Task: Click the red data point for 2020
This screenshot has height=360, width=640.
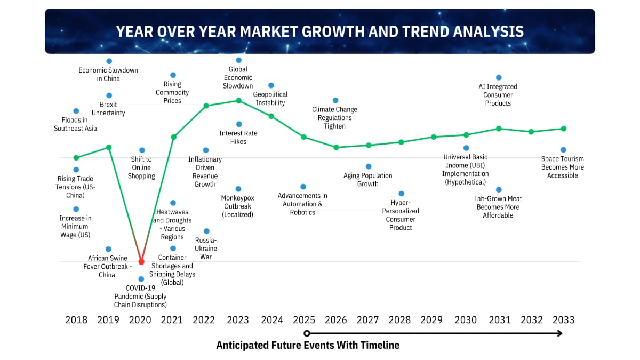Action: (x=141, y=261)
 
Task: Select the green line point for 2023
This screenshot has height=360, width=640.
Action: (x=239, y=100)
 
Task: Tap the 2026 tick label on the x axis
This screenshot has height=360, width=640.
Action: (x=336, y=320)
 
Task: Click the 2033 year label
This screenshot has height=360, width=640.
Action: (x=563, y=320)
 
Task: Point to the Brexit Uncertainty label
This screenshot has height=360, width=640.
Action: (x=108, y=109)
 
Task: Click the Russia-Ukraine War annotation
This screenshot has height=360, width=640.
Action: (x=206, y=249)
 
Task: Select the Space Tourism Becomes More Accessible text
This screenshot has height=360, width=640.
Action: (x=563, y=167)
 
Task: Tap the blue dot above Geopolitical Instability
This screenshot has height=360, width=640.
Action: (x=271, y=85)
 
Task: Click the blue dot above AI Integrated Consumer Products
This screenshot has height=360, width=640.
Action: (x=499, y=77)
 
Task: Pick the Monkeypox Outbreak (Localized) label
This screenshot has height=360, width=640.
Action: (x=238, y=206)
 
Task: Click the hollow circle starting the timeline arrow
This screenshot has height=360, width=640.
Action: (x=307, y=333)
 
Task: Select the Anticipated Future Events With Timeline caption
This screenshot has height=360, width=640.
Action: (x=308, y=346)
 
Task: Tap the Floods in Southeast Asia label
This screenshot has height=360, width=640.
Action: (x=76, y=124)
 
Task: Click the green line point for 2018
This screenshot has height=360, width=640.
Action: (x=76, y=157)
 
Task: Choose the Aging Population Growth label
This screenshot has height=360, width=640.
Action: (x=368, y=180)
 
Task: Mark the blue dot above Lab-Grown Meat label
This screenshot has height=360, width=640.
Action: (x=499, y=189)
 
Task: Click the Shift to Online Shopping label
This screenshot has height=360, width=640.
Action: (x=141, y=167)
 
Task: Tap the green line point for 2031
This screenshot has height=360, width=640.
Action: (x=499, y=129)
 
